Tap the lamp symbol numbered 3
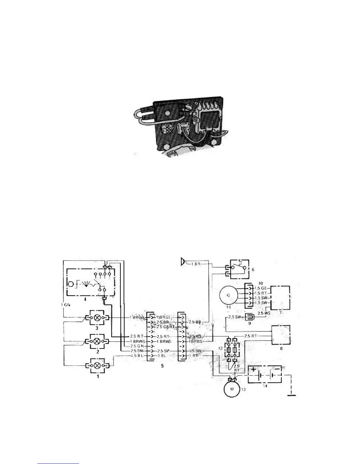pyautogui.click(x=97, y=318)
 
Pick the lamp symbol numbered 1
pyautogui.click(x=97, y=365)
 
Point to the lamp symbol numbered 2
pyautogui.click(x=97, y=342)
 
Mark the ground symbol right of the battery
pyautogui.click(x=291, y=395)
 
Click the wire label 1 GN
pyautogui.click(x=65, y=305)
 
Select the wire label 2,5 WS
pyautogui.click(x=263, y=313)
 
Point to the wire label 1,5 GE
pyautogui.click(x=261, y=288)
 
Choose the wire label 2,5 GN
pyautogui.click(x=136, y=346)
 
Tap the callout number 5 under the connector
pyautogui.click(x=162, y=366)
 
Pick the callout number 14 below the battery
pyautogui.click(x=265, y=386)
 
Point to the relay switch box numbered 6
pyautogui.click(x=239, y=268)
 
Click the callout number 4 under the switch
pyautogui.click(x=85, y=299)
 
